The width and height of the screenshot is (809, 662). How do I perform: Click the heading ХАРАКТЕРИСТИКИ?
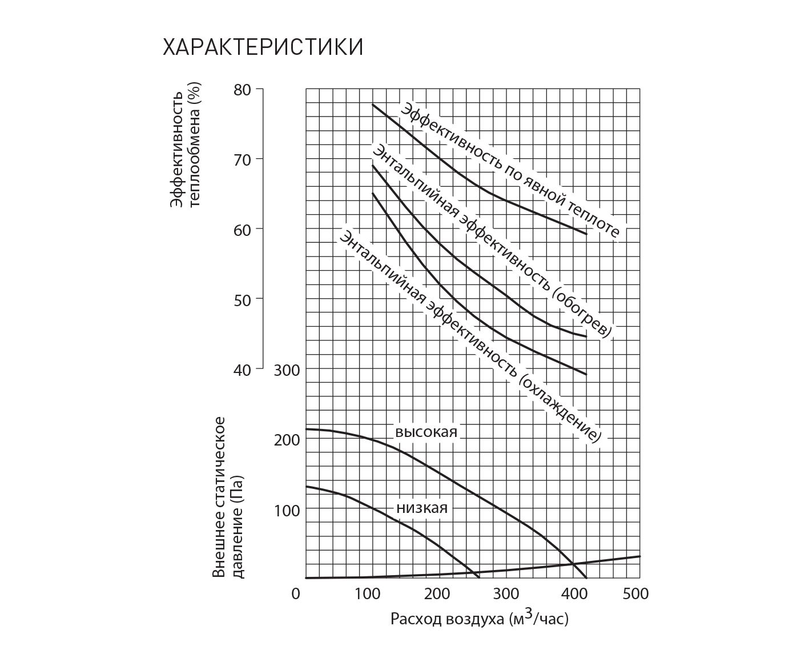click(263, 47)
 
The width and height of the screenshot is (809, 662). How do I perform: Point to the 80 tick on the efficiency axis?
click(242, 90)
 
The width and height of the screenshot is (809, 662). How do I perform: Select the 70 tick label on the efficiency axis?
click(242, 159)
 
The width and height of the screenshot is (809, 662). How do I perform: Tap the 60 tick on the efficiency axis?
click(242, 230)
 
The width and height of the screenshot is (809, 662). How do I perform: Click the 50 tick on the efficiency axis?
click(242, 299)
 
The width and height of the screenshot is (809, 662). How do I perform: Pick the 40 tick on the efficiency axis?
click(242, 370)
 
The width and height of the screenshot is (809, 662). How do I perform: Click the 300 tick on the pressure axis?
click(287, 370)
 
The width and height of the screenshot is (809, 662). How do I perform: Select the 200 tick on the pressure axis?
click(287, 440)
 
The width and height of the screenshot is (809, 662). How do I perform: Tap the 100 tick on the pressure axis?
click(287, 509)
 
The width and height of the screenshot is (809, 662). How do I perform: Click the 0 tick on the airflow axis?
click(296, 594)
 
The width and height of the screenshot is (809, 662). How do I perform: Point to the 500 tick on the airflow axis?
click(635, 594)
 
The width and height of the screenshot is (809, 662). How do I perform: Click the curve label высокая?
click(426, 432)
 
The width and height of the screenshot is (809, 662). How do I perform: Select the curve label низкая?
click(422, 508)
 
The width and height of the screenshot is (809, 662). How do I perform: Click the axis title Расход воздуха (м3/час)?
click(480, 618)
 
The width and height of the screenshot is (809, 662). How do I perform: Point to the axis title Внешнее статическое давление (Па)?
click(228, 497)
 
